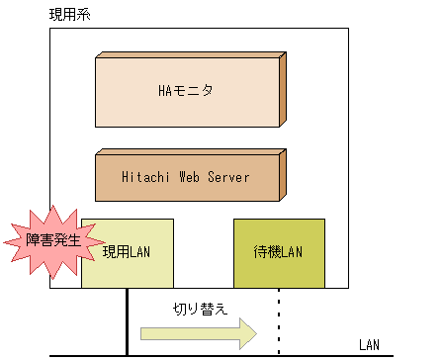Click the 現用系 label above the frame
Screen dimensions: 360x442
tap(67, 15)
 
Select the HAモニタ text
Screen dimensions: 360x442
tap(186, 91)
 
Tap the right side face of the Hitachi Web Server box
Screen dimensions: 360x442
tap(283, 174)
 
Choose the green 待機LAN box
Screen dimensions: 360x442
tap(278, 253)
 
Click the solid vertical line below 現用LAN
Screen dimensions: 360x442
tap(127, 321)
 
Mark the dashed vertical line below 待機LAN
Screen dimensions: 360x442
tap(279, 321)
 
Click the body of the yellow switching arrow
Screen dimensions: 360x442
tap(188, 333)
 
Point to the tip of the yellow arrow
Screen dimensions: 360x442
tap(254, 333)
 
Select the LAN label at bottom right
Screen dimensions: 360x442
tap(368, 344)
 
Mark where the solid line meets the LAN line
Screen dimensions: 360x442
tap(127, 354)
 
